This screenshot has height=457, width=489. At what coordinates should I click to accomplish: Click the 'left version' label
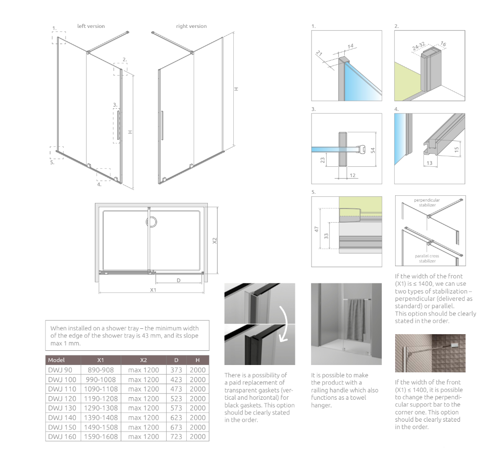click(91, 26)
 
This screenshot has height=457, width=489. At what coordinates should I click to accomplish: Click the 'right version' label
click(191, 26)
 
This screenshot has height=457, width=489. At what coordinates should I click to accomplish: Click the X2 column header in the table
click(143, 360)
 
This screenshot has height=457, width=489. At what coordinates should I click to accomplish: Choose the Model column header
click(57, 360)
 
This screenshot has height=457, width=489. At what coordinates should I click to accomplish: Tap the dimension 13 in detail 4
click(429, 163)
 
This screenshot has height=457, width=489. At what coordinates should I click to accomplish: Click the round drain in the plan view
click(152, 223)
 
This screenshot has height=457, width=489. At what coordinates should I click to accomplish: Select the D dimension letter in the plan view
click(179, 280)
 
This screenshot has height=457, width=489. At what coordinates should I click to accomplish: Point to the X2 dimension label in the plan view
click(214, 241)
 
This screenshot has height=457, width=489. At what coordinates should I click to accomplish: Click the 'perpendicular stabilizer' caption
click(427, 203)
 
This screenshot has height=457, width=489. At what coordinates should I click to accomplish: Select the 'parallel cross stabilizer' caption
click(427, 258)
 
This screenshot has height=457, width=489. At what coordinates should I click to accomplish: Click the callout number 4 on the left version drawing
click(99, 184)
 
